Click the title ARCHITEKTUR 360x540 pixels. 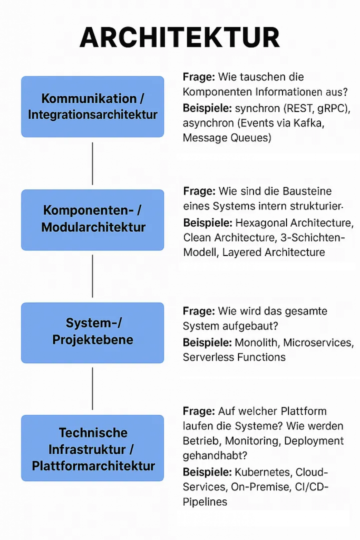click(x=180, y=38)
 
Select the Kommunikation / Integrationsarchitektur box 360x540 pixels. click(x=93, y=107)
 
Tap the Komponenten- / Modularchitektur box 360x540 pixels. click(x=93, y=219)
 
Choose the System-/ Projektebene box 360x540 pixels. click(x=93, y=332)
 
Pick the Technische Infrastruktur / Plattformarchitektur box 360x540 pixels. click(x=93, y=449)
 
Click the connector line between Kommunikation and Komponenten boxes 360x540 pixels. click(x=93, y=163)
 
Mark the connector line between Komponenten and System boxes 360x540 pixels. click(x=93, y=276)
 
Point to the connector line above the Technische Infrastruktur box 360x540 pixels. click(x=93, y=389)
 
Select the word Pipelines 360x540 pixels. click(x=205, y=502)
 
